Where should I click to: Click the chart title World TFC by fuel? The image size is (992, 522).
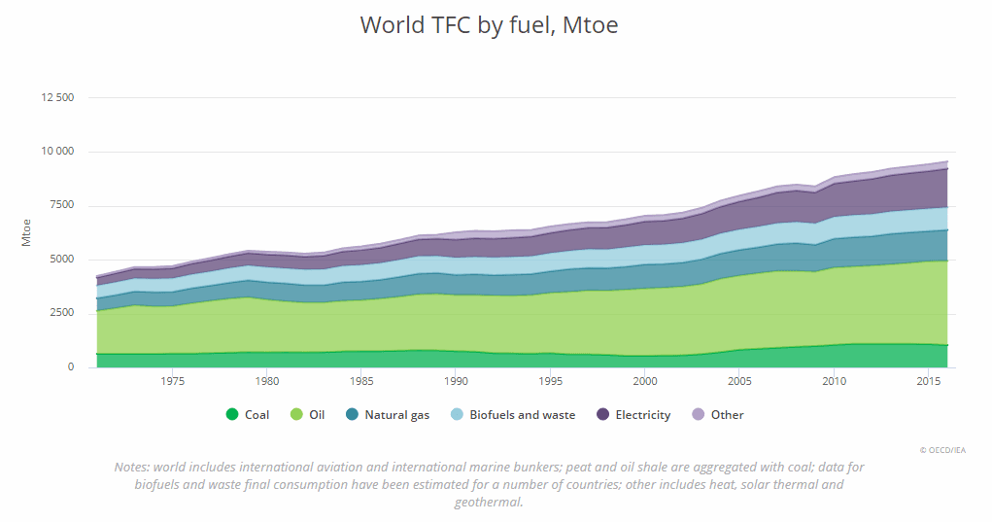(489, 25)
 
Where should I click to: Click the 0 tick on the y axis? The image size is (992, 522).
(70, 367)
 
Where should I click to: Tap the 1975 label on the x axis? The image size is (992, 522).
(172, 382)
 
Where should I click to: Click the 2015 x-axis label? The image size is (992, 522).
(927, 382)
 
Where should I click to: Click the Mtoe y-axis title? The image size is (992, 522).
(27, 232)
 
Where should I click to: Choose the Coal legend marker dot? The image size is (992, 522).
(232, 415)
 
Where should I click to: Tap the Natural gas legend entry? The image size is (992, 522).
(389, 415)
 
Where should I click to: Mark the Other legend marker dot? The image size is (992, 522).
(698, 415)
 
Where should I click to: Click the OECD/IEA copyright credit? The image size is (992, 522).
(942, 450)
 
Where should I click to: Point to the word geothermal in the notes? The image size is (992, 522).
(488, 503)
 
